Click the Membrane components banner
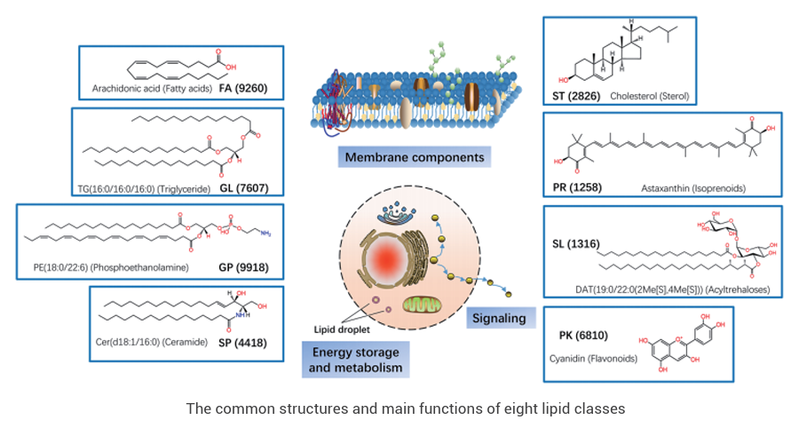(x=415, y=158)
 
